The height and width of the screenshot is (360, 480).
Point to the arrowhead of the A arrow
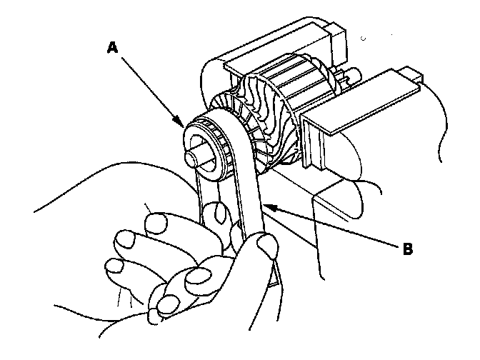tap(182, 125)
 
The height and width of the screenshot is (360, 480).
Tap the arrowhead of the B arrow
tap(266, 205)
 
